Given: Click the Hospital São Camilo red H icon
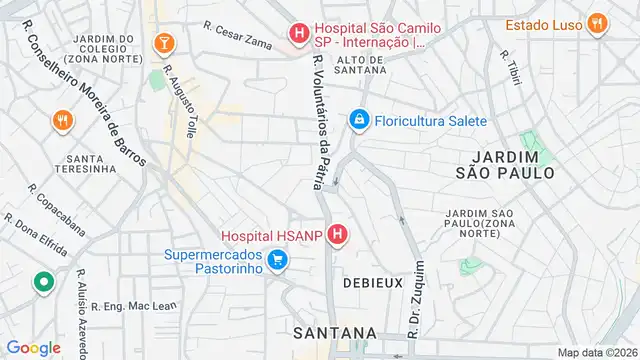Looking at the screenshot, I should (298, 35).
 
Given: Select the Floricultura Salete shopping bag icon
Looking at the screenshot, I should (358, 121).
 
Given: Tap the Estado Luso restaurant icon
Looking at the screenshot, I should (598, 24).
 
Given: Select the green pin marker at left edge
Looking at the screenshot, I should (43, 283).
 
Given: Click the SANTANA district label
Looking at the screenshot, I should (336, 332).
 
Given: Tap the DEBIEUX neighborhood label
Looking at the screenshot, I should (372, 283).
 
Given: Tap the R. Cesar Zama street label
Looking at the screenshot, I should (238, 33).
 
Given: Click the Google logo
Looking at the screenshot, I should (33, 347).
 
